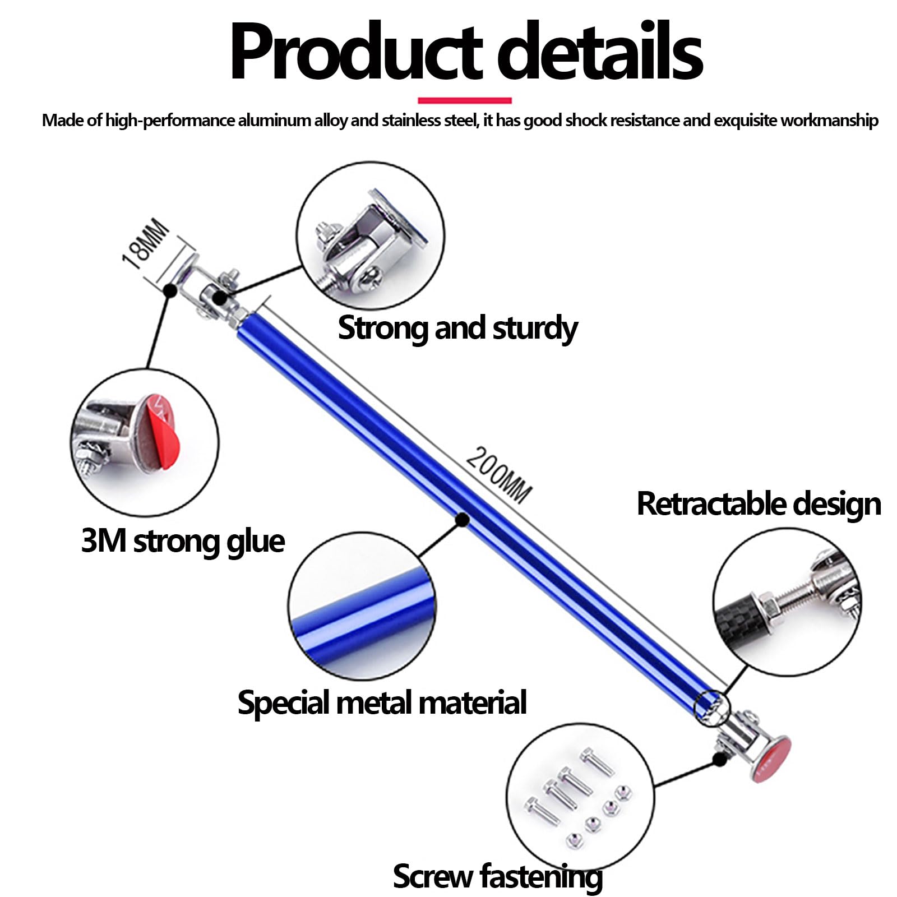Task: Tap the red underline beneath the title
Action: [x=465, y=100]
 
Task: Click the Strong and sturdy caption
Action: [x=457, y=328]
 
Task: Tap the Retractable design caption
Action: [x=759, y=503]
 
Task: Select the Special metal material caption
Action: [x=382, y=702]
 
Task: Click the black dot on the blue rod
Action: [x=463, y=520]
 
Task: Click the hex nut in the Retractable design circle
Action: [x=768, y=606]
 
